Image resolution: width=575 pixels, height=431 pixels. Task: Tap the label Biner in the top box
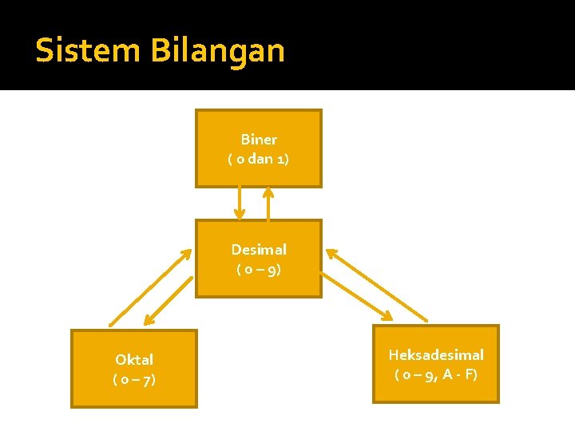(259, 140)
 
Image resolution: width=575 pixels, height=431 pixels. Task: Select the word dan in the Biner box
(260, 159)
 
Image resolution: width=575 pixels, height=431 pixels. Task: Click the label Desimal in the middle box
(259, 250)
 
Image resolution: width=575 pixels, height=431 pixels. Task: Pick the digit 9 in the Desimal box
(272, 270)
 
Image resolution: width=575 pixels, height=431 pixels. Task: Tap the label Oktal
(134, 360)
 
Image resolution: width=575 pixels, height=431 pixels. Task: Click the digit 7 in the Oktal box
(148, 379)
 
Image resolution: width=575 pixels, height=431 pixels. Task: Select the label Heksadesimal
(436, 354)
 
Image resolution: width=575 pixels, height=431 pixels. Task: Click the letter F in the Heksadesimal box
(468, 374)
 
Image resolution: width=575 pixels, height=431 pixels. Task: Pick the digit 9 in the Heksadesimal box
(430, 374)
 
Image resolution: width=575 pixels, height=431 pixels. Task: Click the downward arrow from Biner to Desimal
(239, 204)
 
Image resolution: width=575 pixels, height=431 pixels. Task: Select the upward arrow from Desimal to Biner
(268, 204)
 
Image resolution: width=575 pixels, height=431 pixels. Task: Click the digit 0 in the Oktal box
(125, 379)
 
